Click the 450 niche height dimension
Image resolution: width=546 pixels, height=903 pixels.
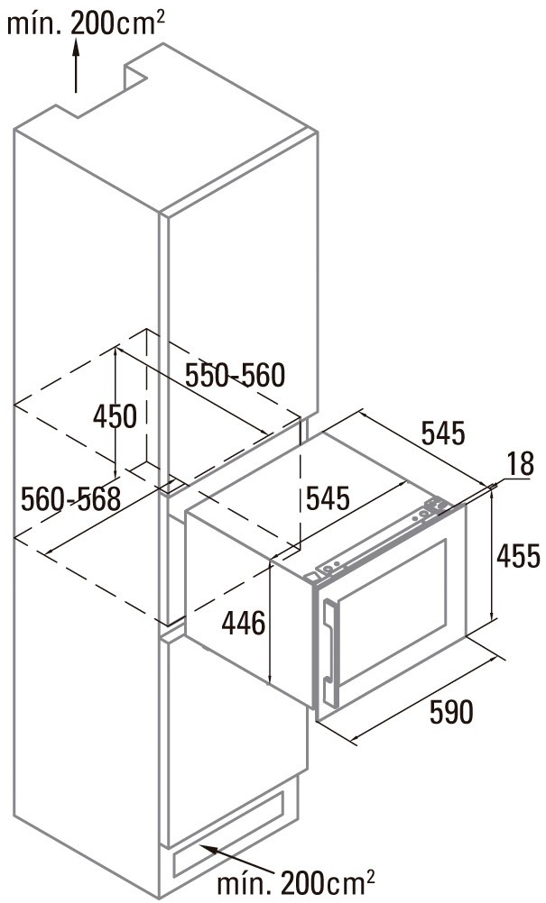[116, 416]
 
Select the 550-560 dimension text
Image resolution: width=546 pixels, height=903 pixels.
[236, 376]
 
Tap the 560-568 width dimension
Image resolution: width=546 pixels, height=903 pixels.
[71, 498]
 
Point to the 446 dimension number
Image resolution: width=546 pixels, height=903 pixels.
[244, 623]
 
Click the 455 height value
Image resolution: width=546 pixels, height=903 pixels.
[518, 556]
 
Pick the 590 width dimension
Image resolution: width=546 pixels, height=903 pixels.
[451, 712]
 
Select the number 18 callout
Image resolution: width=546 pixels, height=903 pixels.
[522, 464]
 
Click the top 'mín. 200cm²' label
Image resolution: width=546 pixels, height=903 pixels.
[86, 23]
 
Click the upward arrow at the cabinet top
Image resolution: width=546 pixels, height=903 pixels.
[76, 65]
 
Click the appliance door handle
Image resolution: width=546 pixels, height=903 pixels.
[330, 652]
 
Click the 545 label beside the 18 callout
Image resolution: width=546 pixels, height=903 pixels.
[443, 433]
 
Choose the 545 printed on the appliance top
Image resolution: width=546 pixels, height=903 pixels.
[328, 498]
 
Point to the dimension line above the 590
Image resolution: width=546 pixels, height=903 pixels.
[427, 698]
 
